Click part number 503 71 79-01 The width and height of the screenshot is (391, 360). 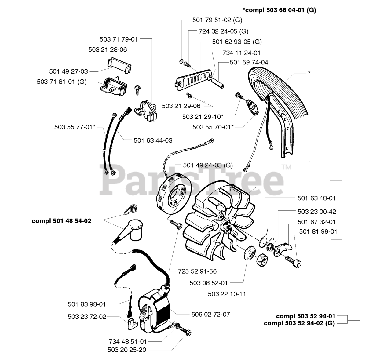pyautogui.click(x=119, y=39)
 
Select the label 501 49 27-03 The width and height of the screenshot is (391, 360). pyautogui.click(x=68, y=71)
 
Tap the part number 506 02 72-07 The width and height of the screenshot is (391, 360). pyautogui.click(x=211, y=314)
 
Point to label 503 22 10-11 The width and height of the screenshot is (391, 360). pyautogui.click(x=227, y=294)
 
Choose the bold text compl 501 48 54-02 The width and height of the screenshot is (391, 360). pyautogui.click(x=61, y=221)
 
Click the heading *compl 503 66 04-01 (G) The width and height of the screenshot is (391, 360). pyautogui.click(x=280, y=10)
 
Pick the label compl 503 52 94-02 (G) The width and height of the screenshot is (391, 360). pyautogui.click(x=299, y=323)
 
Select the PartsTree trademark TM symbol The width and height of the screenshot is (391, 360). pyautogui.click(x=286, y=167)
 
